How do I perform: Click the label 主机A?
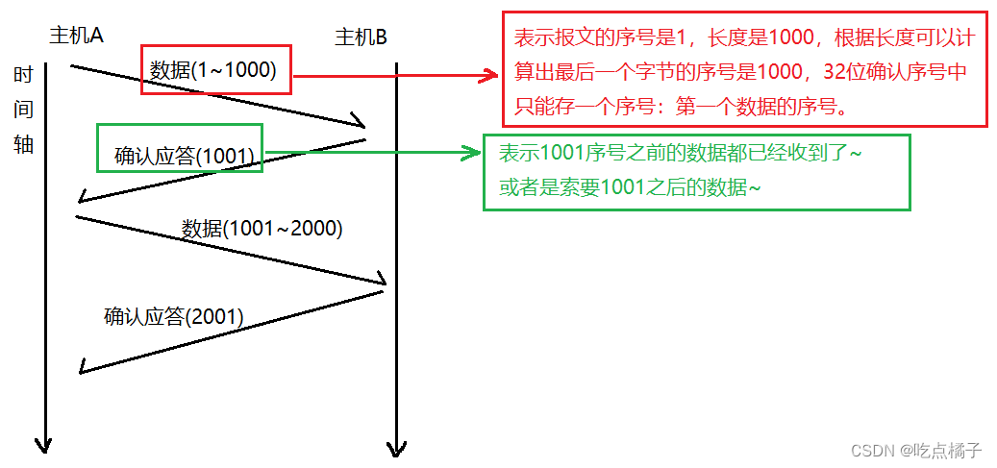click(76, 36)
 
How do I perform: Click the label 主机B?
click(361, 37)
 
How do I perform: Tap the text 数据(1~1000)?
click(213, 69)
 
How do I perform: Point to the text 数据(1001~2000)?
click(262, 229)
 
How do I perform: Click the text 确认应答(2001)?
click(174, 315)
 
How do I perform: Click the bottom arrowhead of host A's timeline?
click(42, 445)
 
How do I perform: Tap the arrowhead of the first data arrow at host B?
click(362, 123)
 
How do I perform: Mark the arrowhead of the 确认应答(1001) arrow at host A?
click(85, 198)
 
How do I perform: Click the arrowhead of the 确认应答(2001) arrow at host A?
click(86, 368)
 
